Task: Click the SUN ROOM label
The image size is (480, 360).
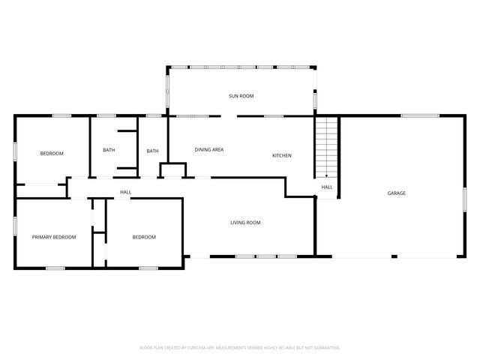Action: (241, 96)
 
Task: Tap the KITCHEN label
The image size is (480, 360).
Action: (281, 155)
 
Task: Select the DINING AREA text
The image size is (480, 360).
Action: (209, 150)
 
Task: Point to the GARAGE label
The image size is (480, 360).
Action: (396, 193)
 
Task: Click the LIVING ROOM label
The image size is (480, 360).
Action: (245, 222)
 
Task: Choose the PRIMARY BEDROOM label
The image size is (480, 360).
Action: (54, 237)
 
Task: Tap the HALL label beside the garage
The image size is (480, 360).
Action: (327, 187)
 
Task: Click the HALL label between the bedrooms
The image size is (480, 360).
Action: (126, 193)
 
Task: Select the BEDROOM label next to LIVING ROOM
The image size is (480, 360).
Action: (144, 237)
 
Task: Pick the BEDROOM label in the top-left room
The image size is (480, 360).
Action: (52, 153)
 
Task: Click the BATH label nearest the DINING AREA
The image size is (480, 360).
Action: (152, 151)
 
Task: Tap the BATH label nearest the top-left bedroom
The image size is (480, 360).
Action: (109, 150)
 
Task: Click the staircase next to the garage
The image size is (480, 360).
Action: (326, 146)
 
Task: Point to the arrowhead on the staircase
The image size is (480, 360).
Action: (326, 172)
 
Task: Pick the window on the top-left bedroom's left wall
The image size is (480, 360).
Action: (15, 150)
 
